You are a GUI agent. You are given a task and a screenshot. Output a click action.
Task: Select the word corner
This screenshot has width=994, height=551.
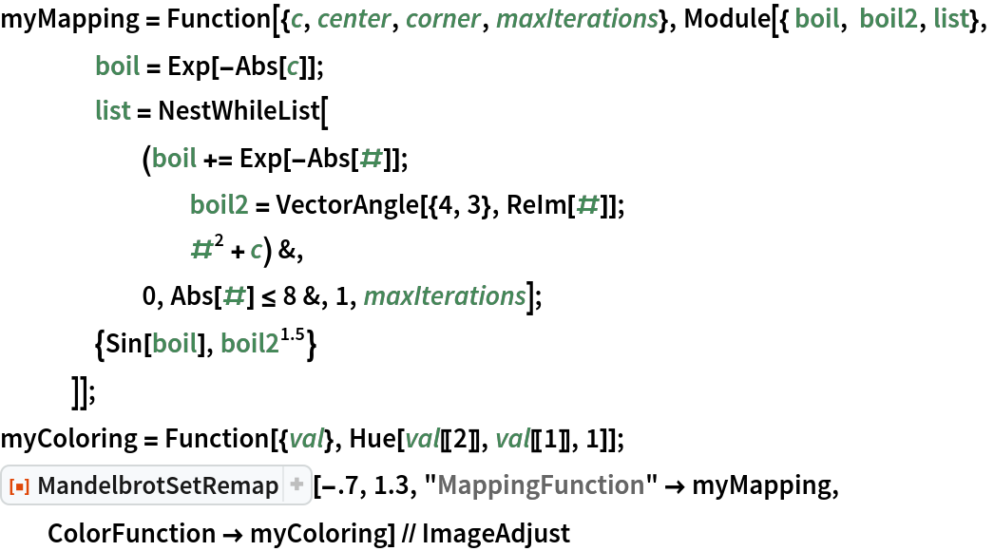[x=443, y=19]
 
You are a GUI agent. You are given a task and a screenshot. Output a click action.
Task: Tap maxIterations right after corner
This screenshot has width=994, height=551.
[x=577, y=19]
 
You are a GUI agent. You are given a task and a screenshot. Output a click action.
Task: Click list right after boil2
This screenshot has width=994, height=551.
[x=951, y=19]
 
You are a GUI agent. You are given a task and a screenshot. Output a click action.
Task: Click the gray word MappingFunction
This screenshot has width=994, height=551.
[x=541, y=486]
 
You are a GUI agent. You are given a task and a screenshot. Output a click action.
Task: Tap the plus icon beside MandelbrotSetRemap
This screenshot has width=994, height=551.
[x=296, y=486]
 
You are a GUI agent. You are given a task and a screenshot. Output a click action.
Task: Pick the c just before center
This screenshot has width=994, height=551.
[x=296, y=19]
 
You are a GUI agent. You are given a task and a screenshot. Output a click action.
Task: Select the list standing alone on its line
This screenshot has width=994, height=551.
[x=113, y=111]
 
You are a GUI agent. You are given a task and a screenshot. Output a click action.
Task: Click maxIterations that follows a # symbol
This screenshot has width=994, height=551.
[x=445, y=296]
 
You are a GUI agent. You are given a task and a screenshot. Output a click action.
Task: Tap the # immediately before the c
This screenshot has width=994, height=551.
[x=201, y=251]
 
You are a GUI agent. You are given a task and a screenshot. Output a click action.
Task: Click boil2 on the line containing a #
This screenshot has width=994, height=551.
[x=220, y=205]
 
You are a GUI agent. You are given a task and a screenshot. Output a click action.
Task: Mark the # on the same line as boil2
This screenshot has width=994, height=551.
[x=587, y=204]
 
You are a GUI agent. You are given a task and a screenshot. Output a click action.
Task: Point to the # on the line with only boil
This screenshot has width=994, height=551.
[x=371, y=159]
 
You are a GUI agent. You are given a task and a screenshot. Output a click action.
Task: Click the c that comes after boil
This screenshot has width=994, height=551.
[x=293, y=66]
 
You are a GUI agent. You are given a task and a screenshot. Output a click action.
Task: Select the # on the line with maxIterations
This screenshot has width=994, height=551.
[x=234, y=296]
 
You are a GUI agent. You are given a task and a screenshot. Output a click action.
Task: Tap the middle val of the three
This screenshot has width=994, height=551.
[x=422, y=438]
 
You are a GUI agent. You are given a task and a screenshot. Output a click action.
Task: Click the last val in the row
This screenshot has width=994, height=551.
[x=513, y=438]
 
